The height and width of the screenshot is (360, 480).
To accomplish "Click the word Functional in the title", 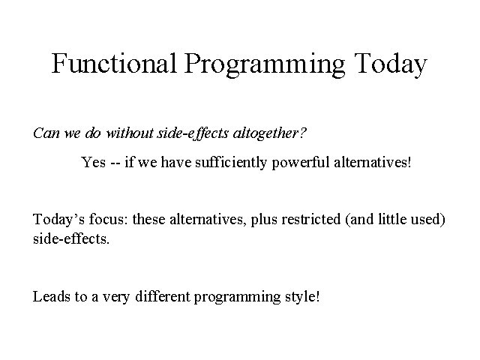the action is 114,63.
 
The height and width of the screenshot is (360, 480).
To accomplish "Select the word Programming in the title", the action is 265,65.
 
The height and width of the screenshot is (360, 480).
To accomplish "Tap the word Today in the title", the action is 391,65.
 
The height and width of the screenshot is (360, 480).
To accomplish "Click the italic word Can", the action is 46,133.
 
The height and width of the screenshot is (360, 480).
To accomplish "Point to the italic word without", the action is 130,133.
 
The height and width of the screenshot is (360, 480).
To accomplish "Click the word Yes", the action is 93,162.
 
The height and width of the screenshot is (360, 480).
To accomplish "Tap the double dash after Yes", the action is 115,163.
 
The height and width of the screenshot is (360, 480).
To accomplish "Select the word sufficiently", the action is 231,162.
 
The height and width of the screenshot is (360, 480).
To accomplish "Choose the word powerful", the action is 301,163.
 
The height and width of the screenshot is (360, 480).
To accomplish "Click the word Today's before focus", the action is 58,220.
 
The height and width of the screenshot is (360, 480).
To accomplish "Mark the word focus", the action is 108,219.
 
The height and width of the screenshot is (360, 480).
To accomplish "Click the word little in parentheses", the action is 392,219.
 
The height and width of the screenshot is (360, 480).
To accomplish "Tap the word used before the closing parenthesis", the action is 425,219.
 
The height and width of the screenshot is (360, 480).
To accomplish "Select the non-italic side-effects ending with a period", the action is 71,238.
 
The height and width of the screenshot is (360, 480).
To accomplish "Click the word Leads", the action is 51,296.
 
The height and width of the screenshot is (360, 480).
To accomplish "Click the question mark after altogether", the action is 302,133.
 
